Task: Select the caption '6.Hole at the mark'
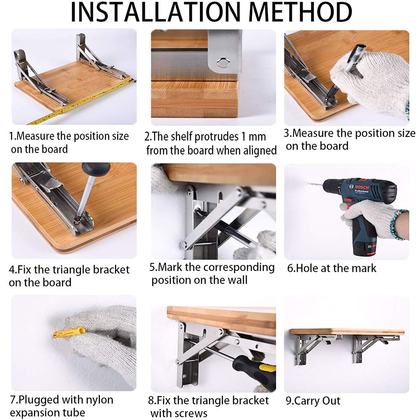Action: (332, 268)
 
